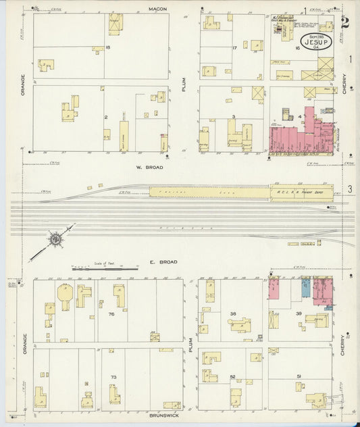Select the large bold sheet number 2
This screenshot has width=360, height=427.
pos(345,22)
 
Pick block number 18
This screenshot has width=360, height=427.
pos(107,47)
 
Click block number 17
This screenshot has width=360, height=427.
pos(234,47)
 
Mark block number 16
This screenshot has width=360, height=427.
pos(297,49)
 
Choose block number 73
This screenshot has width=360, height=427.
pos(113,377)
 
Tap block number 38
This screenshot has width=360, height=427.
pos(232,313)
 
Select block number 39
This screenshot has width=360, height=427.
pos(298,313)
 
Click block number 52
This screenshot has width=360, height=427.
pos(232,376)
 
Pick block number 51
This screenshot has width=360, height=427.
pos(298,376)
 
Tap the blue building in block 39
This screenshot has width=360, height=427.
pos(306,288)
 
